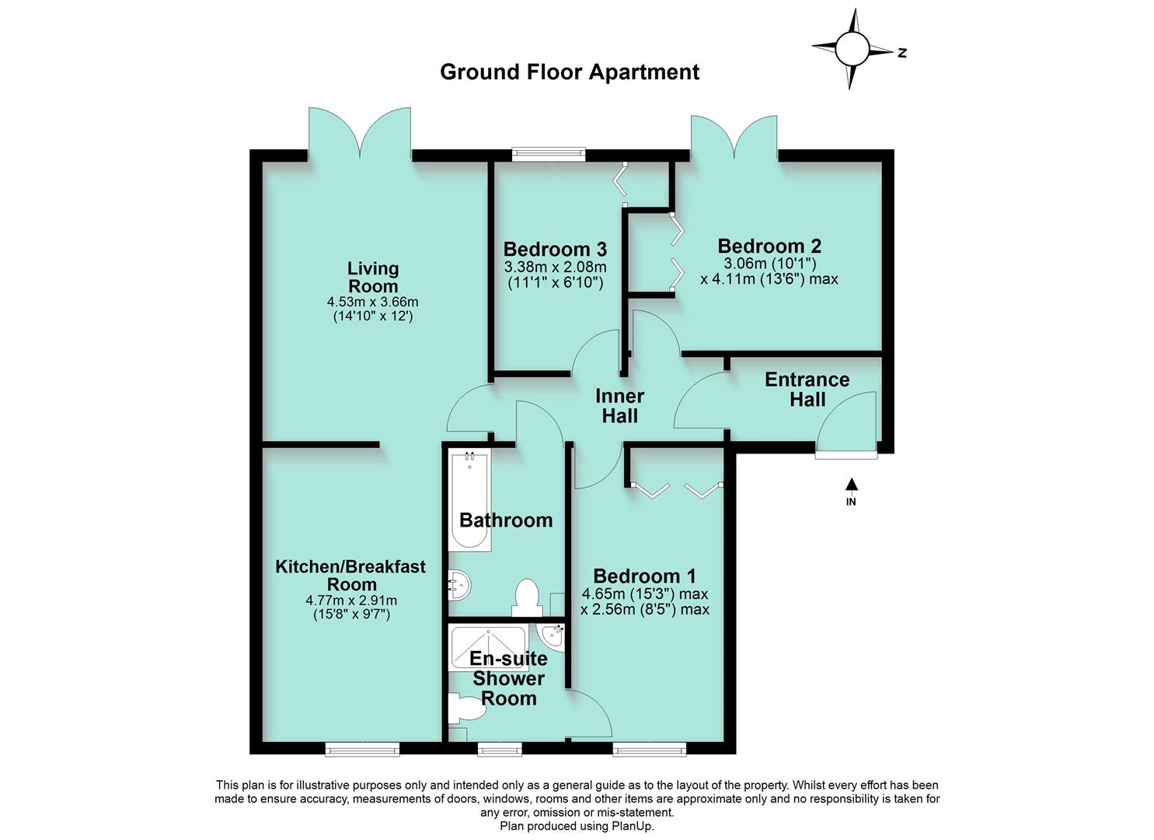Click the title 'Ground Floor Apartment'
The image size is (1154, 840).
coord(569,72)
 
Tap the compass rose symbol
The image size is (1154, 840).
coord(852,50)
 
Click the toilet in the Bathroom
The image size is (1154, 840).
coord(526,597)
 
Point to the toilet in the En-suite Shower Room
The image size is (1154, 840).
coord(467,709)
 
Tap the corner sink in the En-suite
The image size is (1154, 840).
coord(554,635)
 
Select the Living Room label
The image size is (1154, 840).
coord(373,277)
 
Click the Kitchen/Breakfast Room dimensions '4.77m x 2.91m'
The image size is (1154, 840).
coord(351,600)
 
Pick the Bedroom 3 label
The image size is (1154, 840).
coord(555,250)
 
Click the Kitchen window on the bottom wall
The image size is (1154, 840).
coord(362,749)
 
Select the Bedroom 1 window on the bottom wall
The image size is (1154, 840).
coord(649,749)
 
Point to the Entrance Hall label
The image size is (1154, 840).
coord(807,390)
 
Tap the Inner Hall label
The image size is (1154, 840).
coord(619,405)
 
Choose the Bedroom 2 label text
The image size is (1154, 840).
coord(769,246)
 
